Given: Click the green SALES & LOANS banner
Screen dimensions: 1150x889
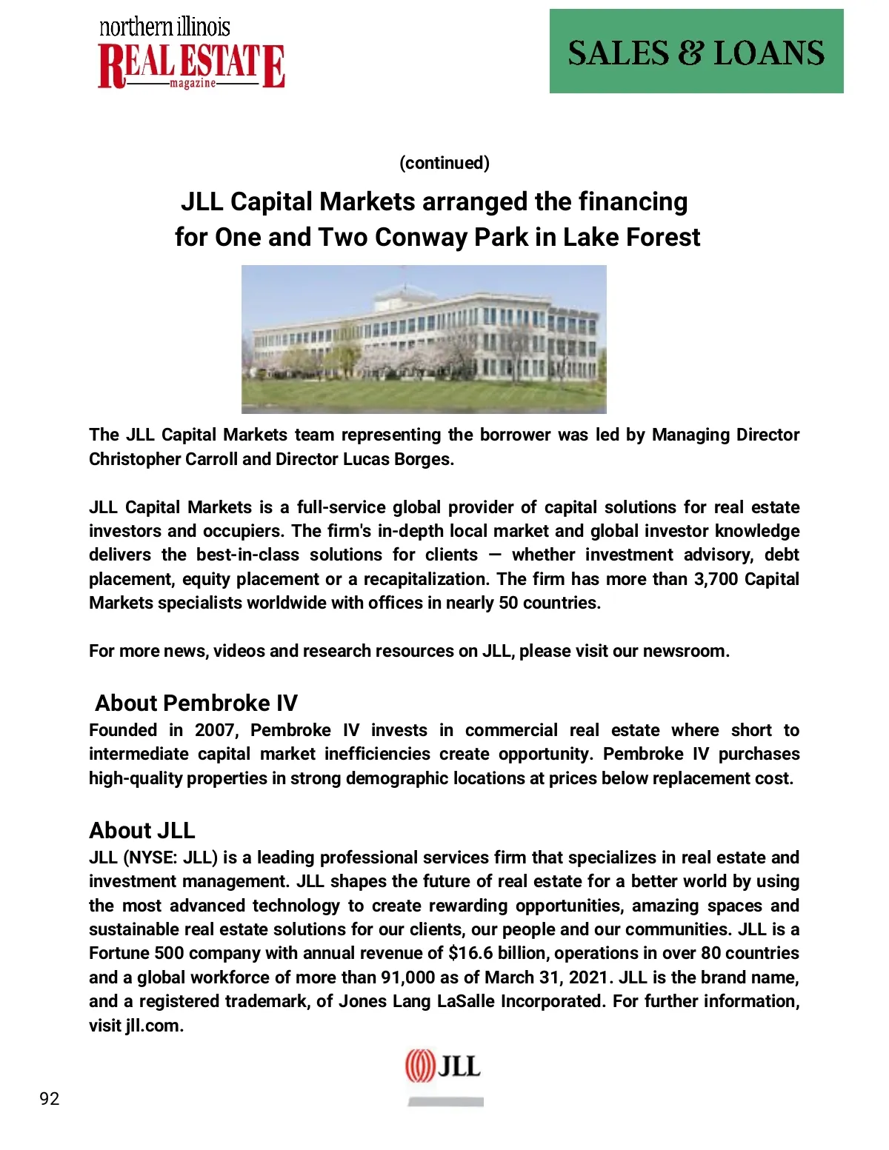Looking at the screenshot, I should (696, 51).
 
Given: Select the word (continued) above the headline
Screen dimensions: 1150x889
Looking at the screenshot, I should (444, 163).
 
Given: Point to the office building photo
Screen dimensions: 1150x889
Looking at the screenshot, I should (424, 339).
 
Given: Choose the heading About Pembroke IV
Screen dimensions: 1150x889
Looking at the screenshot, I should (196, 703).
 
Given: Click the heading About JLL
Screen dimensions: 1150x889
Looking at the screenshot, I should (142, 830).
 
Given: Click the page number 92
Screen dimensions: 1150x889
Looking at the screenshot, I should (50, 1099).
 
